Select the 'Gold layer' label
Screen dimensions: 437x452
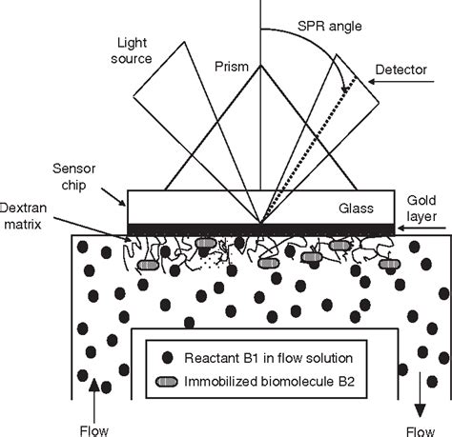427,212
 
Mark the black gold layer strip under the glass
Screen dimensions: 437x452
260,228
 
